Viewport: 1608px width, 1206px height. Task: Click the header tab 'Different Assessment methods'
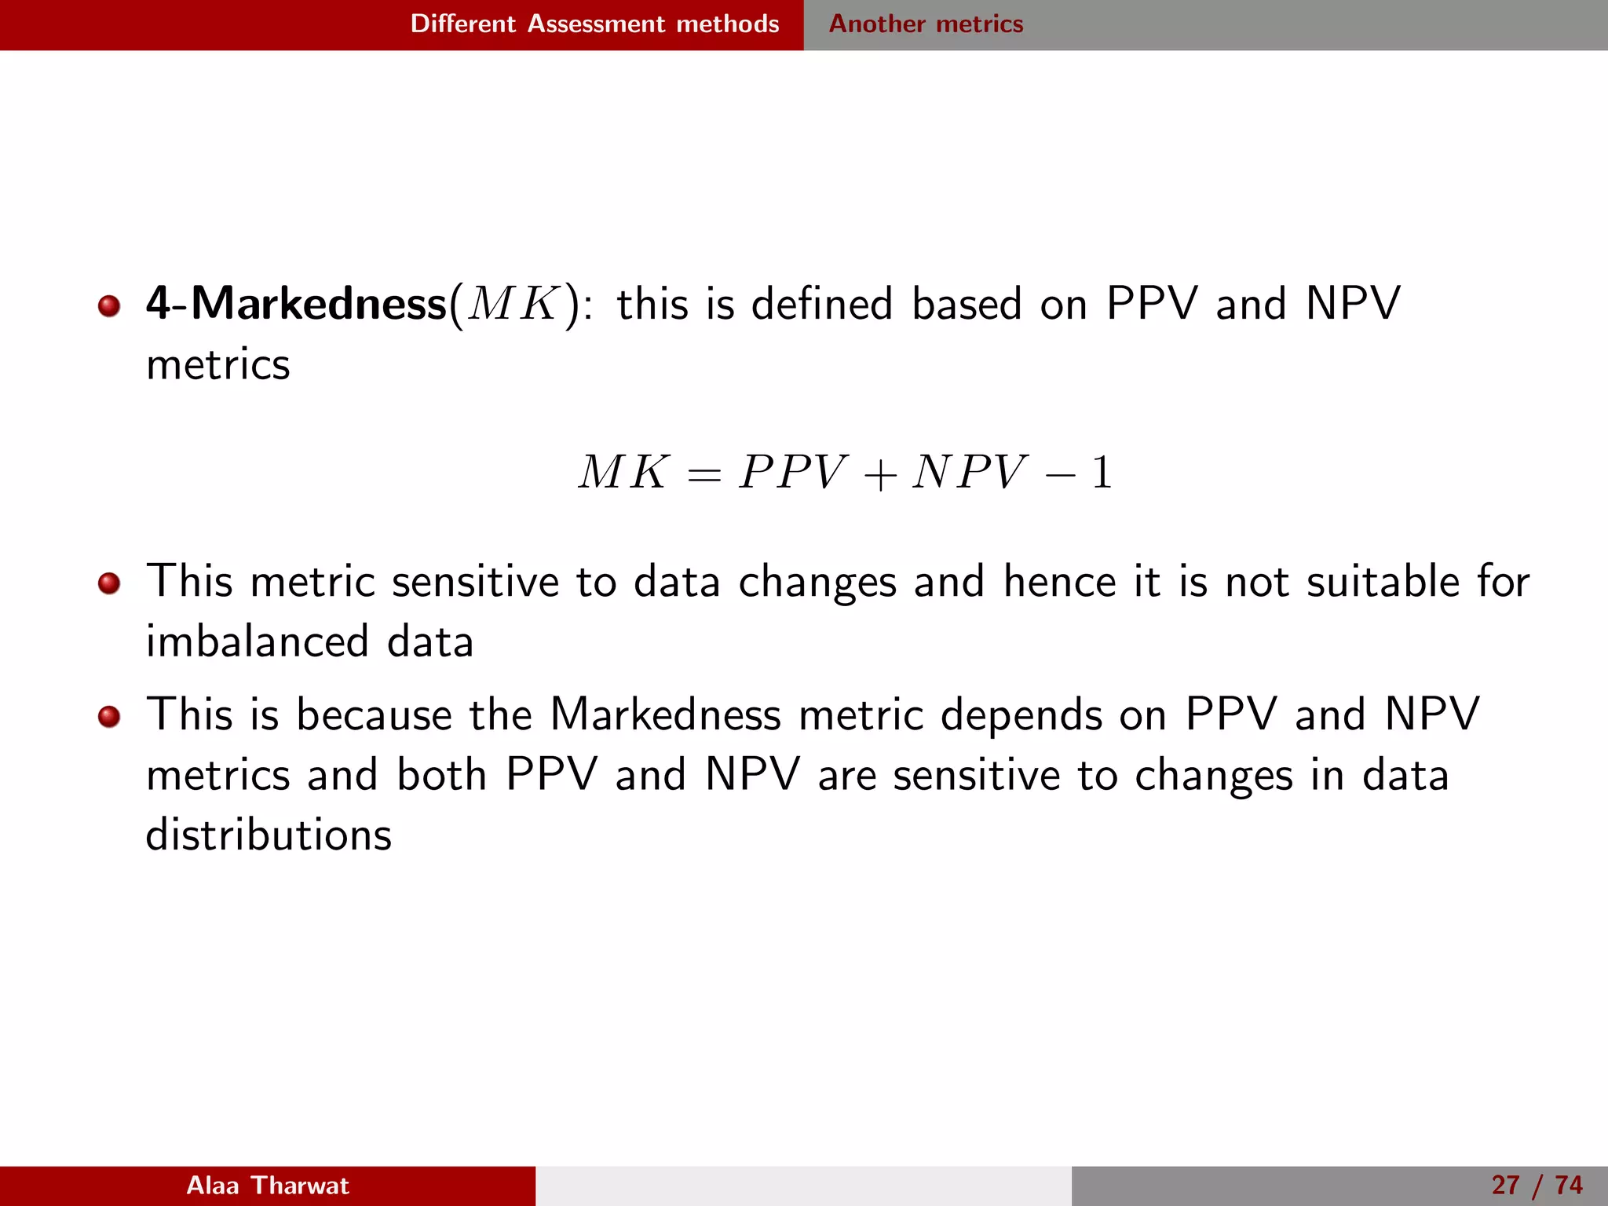tap(594, 24)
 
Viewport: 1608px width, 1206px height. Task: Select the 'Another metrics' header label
tap(926, 24)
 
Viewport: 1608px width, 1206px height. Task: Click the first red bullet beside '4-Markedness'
tap(109, 305)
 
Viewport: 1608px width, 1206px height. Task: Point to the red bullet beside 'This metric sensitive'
tap(109, 583)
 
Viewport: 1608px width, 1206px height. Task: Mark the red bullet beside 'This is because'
tap(109, 716)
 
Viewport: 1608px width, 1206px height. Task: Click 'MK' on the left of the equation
tap(623, 473)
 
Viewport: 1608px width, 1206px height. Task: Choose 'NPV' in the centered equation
tap(969, 473)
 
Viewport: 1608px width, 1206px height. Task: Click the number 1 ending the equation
tap(1102, 473)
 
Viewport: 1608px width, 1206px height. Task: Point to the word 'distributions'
tap(269, 835)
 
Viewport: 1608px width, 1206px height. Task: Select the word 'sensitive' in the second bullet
tap(473, 582)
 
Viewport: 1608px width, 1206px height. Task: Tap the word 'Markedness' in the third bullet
tap(665, 714)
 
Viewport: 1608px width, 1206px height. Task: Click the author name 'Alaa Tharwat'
tap(267, 1185)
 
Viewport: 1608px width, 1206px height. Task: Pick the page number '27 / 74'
tap(1537, 1185)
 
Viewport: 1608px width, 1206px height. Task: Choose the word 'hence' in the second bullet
tap(1059, 582)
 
